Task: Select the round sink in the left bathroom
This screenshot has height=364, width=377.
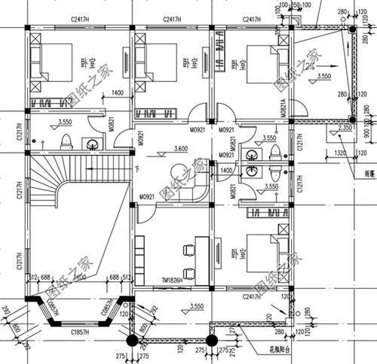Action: tap(93, 143)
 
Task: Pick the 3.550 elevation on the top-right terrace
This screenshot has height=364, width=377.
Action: tap(324, 77)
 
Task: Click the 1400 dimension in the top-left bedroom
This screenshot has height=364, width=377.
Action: tap(117, 93)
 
